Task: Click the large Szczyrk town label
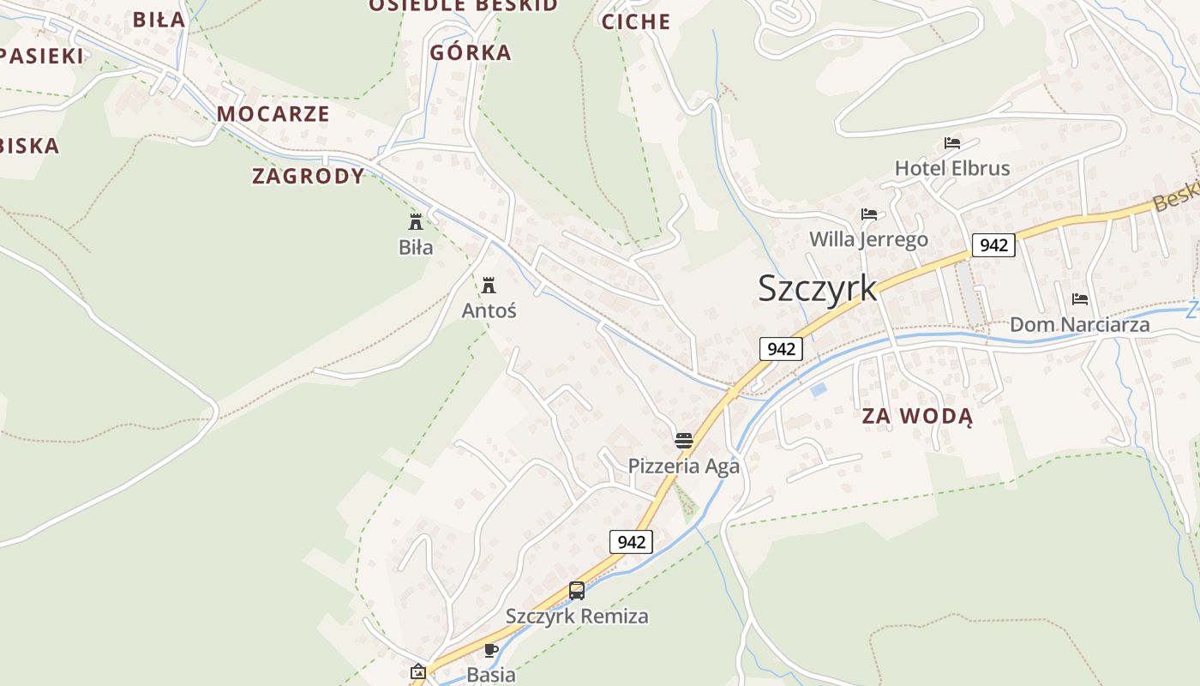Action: pyautogui.click(x=817, y=288)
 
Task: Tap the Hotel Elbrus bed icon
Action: pyautogui.click(x=951, y=142)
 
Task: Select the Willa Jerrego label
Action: pyautogui.click(x=868, y=238)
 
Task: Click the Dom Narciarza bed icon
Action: pyautogui.click(x=1079, y=299)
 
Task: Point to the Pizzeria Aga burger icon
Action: pyautogui.click(x=683, y=441)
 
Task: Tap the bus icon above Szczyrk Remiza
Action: pyautogui.click(x=576, y=591)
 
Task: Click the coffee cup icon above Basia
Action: pyautogui.click(x=490, y=650)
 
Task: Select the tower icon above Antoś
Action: pyautogui.click(x=489, y=285)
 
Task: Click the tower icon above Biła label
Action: pyautogui.click(x=416, y=222)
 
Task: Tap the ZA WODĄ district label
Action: pyautogui.click(x=917, y=417)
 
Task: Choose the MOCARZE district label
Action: pyautogui.click(x=273, y=113)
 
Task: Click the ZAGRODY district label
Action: pyautogui.click(x=308, y=177)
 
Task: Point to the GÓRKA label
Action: pyautogui.click(x=471, y=52)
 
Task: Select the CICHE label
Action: pyautogui.click(x=635, y=22)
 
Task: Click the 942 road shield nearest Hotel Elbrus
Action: pyautogui.click(x=993, y=245)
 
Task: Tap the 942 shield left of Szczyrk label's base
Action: pyautogui.click(x=780, y=349)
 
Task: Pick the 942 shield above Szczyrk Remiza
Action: pyautogui.click(x=631, y=542)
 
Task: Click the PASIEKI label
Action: pyautogui.click(x=41, y=57)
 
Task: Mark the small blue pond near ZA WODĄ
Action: pyautogui.click(x=819, y=389)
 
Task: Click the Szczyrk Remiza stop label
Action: pyautogui.click(x=576, y=616)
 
